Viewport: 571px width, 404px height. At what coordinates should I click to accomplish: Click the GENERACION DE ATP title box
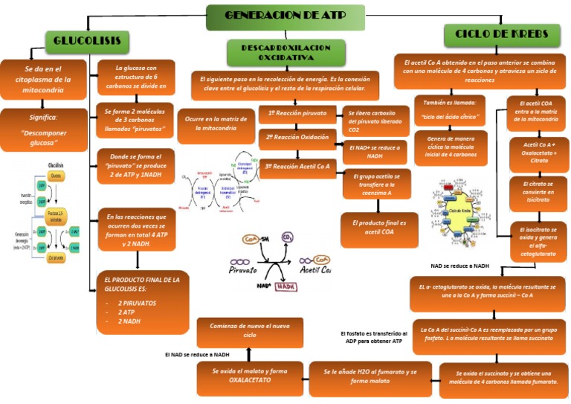click(x=285, y=16)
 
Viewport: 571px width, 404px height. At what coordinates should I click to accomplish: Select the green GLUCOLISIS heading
click(x=87, y=42)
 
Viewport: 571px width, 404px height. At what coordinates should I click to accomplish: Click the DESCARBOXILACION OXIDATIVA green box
click(x=285, y=52)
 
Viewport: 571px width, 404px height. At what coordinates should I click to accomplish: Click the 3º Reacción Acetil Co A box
click(x=297, y=167)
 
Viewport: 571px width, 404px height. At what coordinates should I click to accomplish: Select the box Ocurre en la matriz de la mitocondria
click(x=216, y=124)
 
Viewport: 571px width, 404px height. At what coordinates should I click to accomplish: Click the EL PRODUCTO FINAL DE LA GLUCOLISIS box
click(x=142, y=301)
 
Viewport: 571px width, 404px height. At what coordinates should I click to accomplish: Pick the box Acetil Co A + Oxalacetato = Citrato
click(x=538, y=153)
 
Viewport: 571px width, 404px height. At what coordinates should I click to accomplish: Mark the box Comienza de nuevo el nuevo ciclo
click(x=249, y=330)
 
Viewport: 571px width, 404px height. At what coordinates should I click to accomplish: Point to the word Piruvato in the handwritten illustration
click(x=253, y=270)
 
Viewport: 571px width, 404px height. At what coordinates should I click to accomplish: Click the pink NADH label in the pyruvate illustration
click(x=285, y=286)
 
